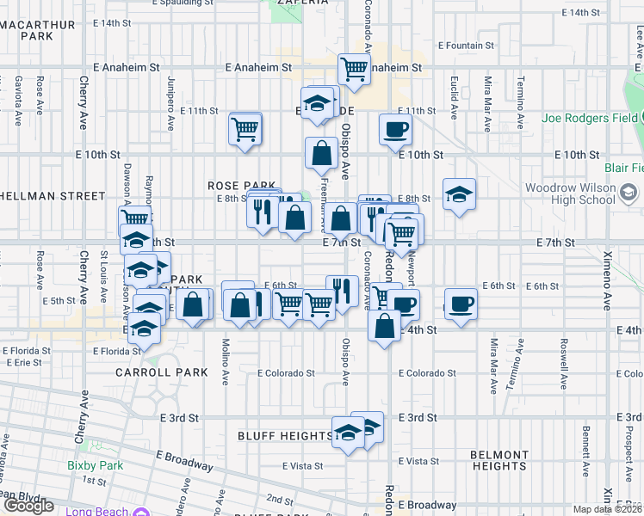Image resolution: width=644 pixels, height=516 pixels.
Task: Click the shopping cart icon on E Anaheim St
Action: point(354,70)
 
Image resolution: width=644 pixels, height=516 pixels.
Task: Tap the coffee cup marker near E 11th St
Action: point(396,130)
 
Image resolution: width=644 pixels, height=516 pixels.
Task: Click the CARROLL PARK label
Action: point(163,372)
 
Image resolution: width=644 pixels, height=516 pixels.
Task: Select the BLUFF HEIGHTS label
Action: point(284,436)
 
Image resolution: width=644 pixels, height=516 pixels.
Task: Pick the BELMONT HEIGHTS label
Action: point(500,460)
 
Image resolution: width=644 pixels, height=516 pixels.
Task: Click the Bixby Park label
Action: point(96,466)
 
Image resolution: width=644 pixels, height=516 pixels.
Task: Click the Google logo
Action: point(28,506)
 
